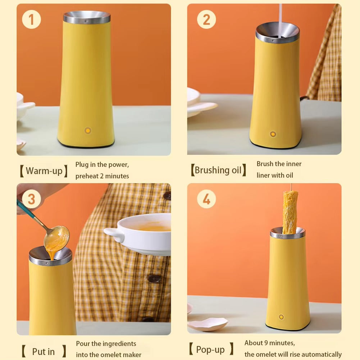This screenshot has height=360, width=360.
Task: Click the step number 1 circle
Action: point(31,19)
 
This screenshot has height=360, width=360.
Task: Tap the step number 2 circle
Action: point(206,19)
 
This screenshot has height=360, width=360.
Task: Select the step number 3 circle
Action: point(31,199)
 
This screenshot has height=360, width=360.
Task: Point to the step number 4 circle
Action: point(206,199)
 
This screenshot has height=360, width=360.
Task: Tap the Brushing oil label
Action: point(218,170)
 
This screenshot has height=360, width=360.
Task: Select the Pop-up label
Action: point(210,349)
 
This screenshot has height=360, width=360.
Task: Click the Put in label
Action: point(44,351)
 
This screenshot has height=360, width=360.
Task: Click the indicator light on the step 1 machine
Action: point(88,131)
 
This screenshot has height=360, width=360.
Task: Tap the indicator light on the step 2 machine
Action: point(273,134)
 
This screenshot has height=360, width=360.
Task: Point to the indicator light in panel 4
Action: point(281,317)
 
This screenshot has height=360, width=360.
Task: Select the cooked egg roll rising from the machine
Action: point(290,212)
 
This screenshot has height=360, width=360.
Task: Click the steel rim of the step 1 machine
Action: point(87,18)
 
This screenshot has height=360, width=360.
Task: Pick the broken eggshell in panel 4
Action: point(208,324)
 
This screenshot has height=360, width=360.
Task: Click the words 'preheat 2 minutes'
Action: point(102,176)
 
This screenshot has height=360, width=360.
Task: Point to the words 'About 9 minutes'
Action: point(270,343)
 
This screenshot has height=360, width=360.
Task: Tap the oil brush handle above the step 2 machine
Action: point(280,18)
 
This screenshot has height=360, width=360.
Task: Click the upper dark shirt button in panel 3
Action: point(167,196)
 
